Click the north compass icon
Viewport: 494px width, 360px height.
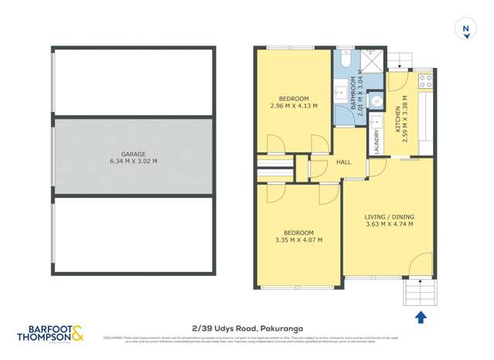pos(465,29)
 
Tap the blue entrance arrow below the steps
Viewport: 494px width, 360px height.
pos(421,316)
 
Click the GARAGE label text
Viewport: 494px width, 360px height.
pos(133,154)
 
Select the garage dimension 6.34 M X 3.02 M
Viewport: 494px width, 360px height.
pos(133,161)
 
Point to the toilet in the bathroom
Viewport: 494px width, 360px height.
pos(346,58)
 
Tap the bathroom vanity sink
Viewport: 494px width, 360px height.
pos(339,93)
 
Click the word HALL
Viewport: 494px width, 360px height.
pos(344,162)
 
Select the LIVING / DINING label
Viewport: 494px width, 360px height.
pos(388,217)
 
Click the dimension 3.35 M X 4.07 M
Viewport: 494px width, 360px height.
pos(298,240)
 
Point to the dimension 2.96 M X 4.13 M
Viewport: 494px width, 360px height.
pos(295,106)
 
